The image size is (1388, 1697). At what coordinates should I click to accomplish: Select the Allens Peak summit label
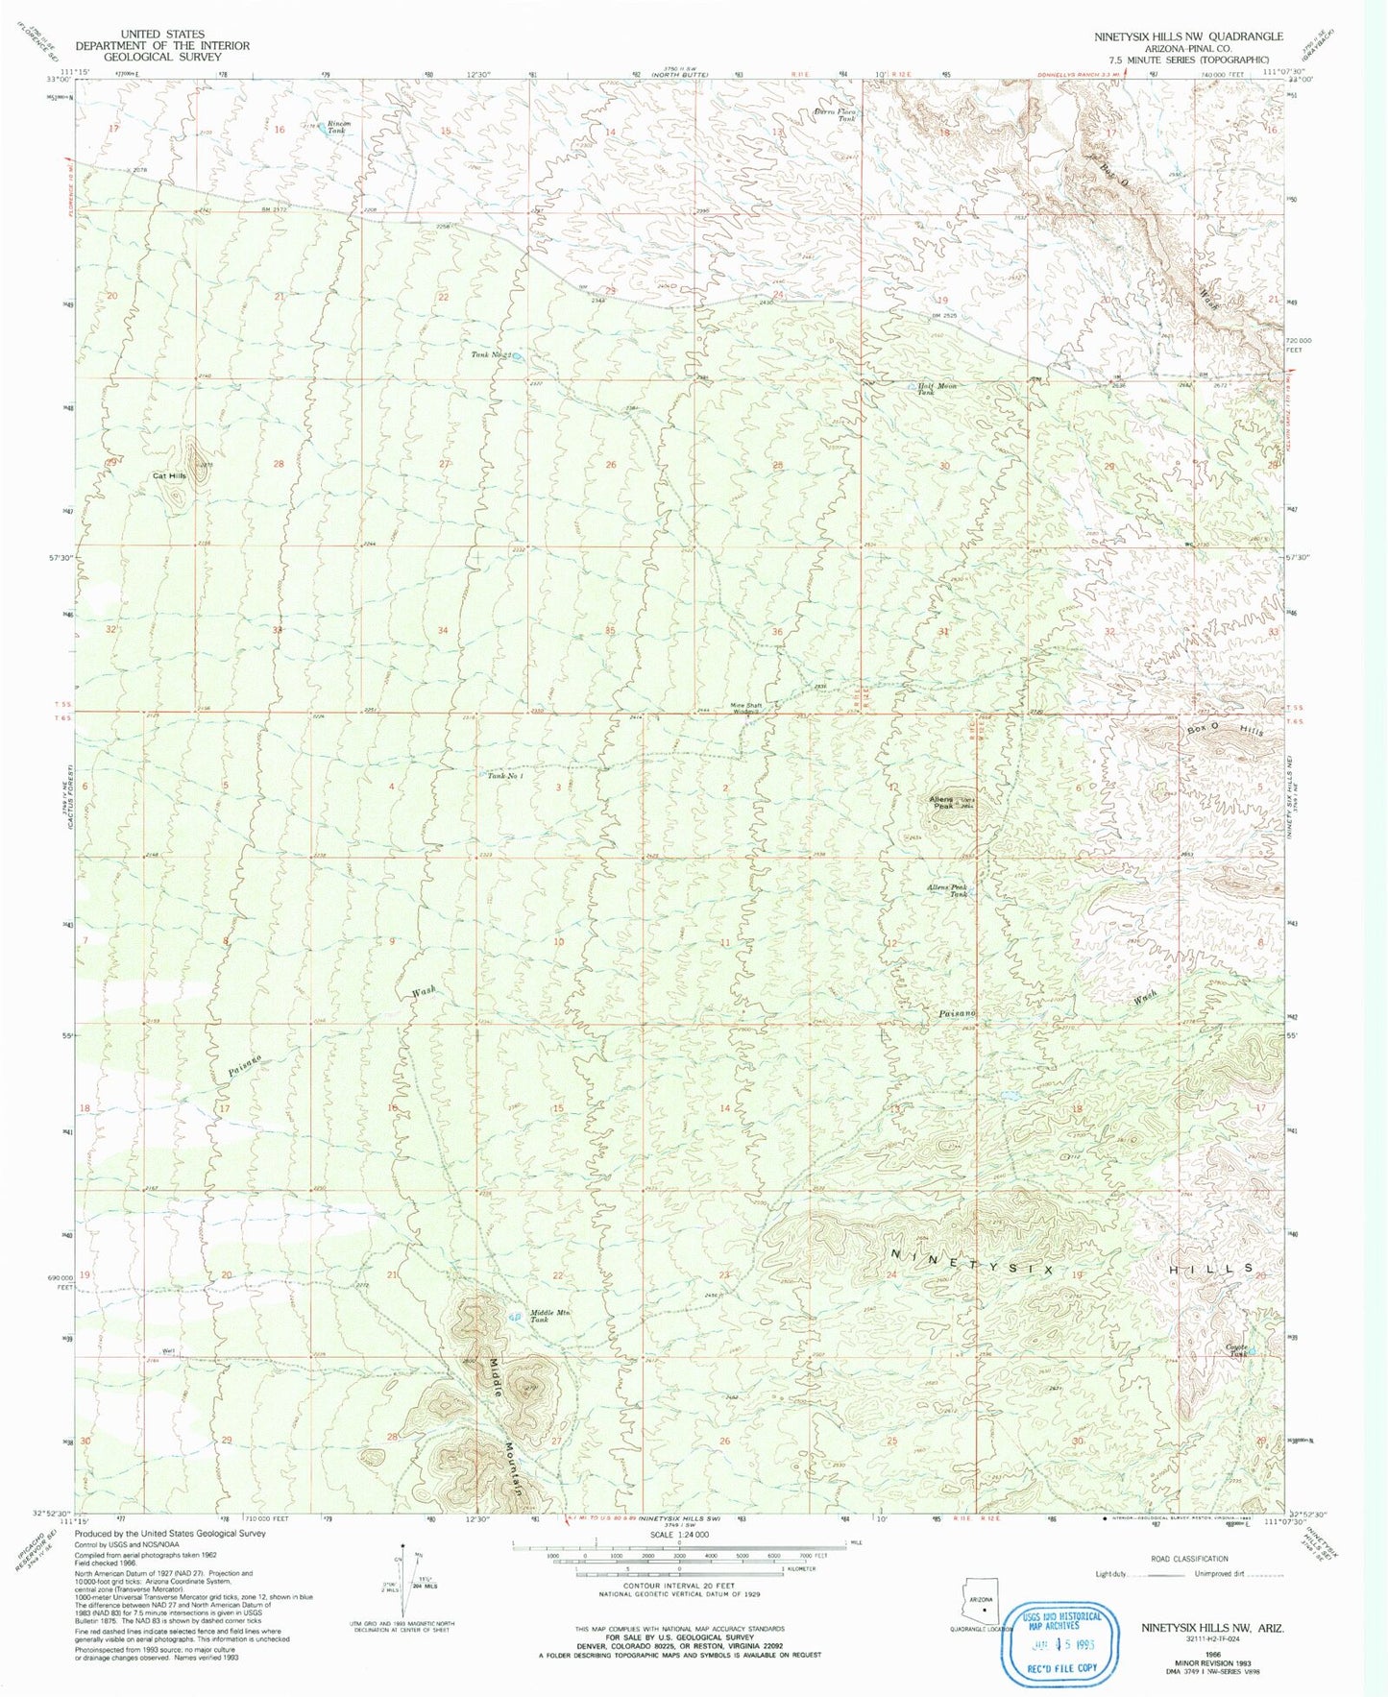click(940, 803)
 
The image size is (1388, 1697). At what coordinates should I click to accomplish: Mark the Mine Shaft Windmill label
click(748, 709)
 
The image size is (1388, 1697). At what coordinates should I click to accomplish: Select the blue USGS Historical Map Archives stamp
click(1061, 1641)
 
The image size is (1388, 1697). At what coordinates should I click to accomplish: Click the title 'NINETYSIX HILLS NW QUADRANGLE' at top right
click(1187, 36)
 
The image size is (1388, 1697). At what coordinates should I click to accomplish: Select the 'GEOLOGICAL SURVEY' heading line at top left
click(160, 57)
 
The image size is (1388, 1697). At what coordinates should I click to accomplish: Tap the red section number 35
click(610, 631)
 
